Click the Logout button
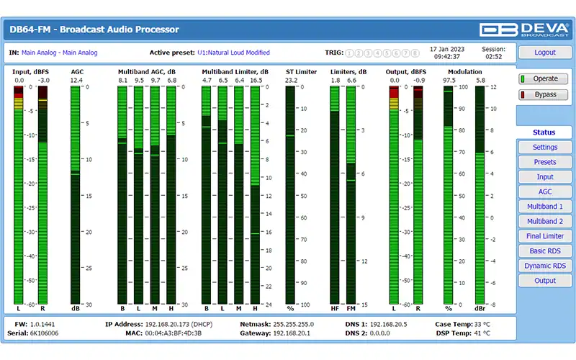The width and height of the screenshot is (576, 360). [544, 53]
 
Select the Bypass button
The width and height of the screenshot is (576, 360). [544, 94]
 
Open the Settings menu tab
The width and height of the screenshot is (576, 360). [544, 148]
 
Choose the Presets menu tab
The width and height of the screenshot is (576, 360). [544, 162]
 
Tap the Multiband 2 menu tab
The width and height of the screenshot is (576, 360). [544, 221]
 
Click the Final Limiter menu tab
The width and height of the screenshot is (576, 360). [544, 236]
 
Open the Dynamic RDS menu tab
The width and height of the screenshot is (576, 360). [544, 266]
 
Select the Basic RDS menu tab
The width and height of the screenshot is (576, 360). [544, 251]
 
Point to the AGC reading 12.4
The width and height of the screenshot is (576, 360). [76, 81]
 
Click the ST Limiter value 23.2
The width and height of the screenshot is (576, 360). [291, 81]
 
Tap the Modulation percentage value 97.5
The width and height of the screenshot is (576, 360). [449, 81]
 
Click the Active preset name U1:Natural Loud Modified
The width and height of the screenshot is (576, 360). [233, 53]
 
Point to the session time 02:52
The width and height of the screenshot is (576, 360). [494, 56]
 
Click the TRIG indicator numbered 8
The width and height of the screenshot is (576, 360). [415, 53]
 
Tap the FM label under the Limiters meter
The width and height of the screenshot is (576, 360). [351, 309]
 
